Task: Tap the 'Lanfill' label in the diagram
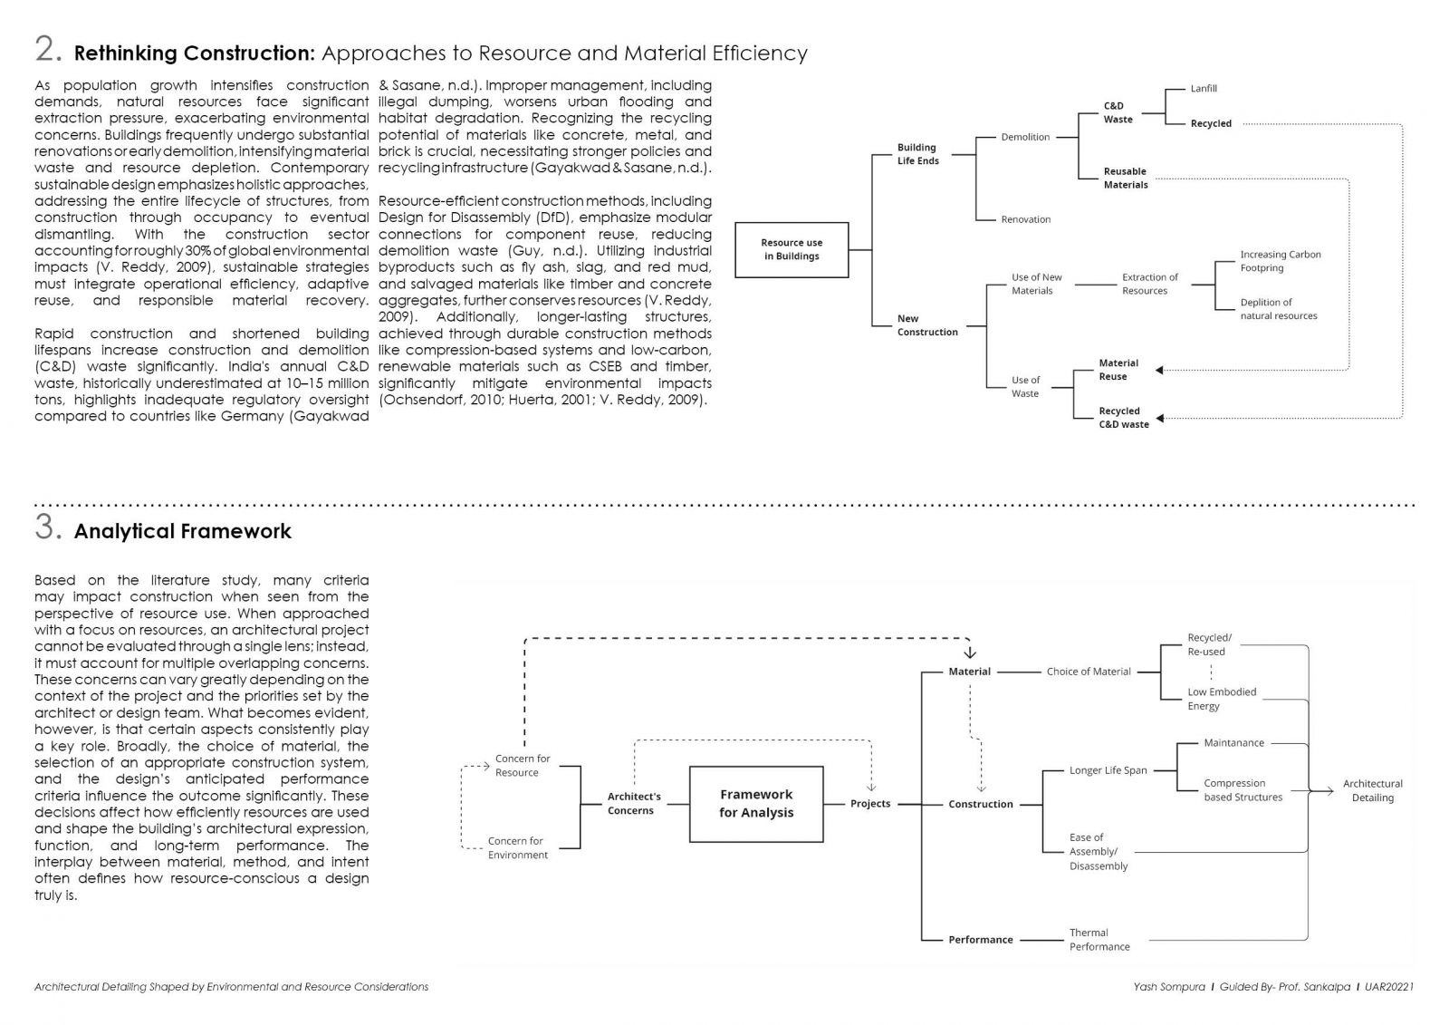[x=1204, y=89]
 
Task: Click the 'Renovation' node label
[x=1026, y=219]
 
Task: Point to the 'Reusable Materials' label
[x=1126, y=178]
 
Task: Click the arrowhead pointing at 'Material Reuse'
[x=1160, y=371]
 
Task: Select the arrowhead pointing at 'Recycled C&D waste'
[x=1160, y=419]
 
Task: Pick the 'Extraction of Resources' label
[x=1149, y=284]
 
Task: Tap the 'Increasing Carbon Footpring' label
[x=1281, y=261]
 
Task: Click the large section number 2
[x=48, y=49]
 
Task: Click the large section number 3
[x=48, y=527]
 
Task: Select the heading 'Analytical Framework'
[x=182, y=531]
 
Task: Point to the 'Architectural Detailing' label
[x=1373, y=790]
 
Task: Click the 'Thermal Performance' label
[x=1099, y=940]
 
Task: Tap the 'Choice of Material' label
[x=1089, y=672]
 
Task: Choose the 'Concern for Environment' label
[x=517, y=847]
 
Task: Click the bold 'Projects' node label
[x=870, y=804]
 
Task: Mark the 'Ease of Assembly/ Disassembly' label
[x=1099, y=852]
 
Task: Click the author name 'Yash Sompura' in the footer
[x=1169, y=987]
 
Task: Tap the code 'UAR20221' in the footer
[x=1389, y=987]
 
